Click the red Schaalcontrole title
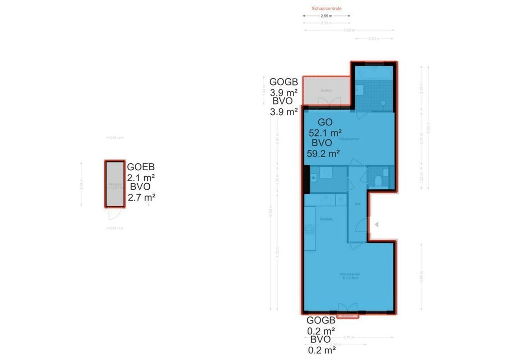(x=326, y=9)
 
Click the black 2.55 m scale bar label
(x=326, y=16)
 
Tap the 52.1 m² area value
(x=325, y=133)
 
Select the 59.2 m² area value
(x=323, y=153)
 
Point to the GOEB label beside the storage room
(x=141, y=167)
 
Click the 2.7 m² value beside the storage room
(x=142, y=198)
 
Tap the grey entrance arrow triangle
(x=376, y=225)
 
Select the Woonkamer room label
(x=350, y=274)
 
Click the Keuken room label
(x=326, y=219)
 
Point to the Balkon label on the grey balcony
(x=326, y=90)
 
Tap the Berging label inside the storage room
(x=115, y=184)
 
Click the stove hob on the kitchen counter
(x=310, y=229)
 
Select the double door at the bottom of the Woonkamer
(x=347, y=308)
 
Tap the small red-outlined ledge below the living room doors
(x=347, y=316)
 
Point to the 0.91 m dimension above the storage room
(x=115, y=138)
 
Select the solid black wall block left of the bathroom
(x=306, y=179)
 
